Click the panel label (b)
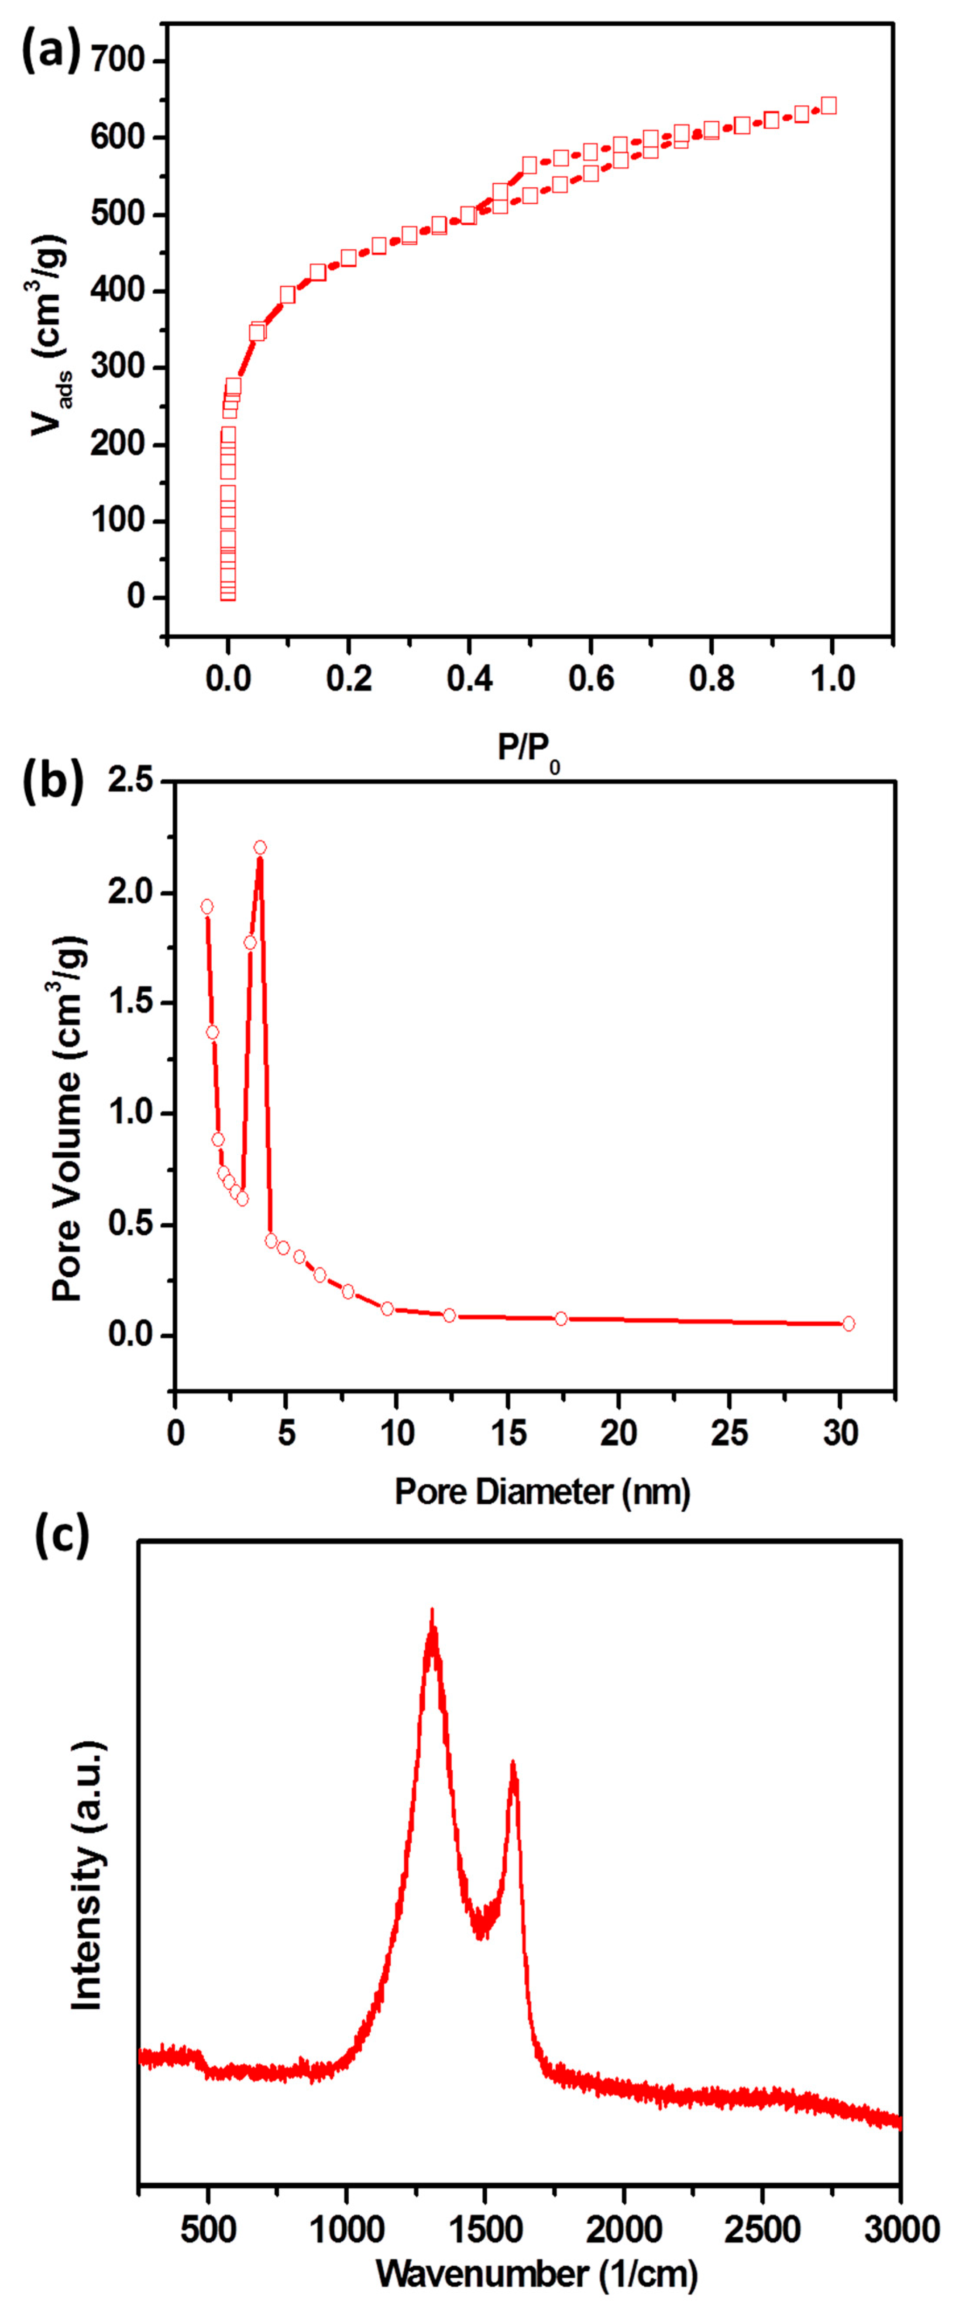point(52,781)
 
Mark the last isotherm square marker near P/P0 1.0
point(829,106)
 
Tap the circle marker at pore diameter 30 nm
point(849,1323)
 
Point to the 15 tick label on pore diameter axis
point(508,1433)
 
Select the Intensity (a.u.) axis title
point(87,1875)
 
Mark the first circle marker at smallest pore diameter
point(207,907)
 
